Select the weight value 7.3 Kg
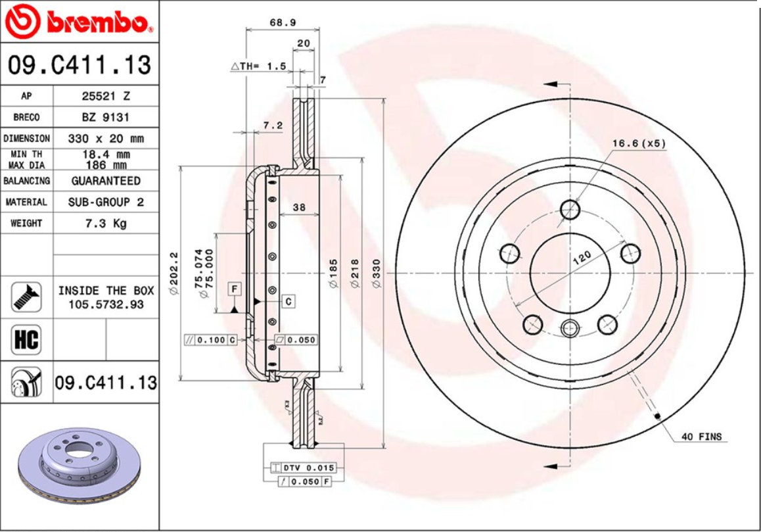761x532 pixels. tap(105, 224)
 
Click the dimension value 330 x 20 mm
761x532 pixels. tap(105, 139)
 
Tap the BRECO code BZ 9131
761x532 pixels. tap(105, 117)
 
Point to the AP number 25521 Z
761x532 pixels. tap(105, 96)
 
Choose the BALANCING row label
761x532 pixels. tap(26, 181)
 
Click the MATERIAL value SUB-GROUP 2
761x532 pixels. tap(105, 202)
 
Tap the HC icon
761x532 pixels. tap(26, 340)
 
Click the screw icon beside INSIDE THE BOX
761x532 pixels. tap(26, 297)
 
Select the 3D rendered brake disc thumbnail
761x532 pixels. tap(79, 470)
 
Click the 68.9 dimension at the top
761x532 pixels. tap(283, 22)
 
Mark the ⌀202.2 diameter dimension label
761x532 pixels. tap(174, 274)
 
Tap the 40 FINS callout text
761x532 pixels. tap(701, 437)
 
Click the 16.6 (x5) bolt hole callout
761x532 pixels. tap(639, 143)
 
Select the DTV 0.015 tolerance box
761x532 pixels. tap(308, 468)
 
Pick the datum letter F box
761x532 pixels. tap(234, 288)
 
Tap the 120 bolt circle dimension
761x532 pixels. tap(581, 256)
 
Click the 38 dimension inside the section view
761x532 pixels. tap(299, 207)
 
